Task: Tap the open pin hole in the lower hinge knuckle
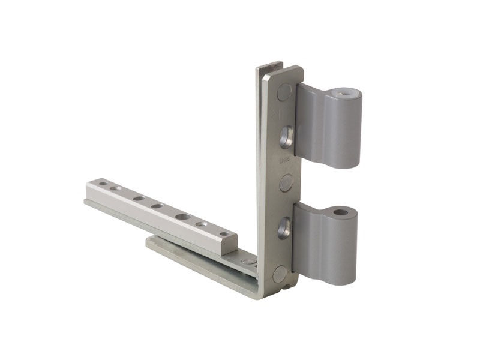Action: [x=341, y=212]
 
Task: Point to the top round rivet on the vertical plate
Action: [x=284, y=92]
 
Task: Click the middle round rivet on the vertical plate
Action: [x=286, y=182]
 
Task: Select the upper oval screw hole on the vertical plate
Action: [x=287, y=136]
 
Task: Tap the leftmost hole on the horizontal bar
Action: [x=103, y=183]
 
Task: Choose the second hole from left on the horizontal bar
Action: [x=118, y=188]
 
